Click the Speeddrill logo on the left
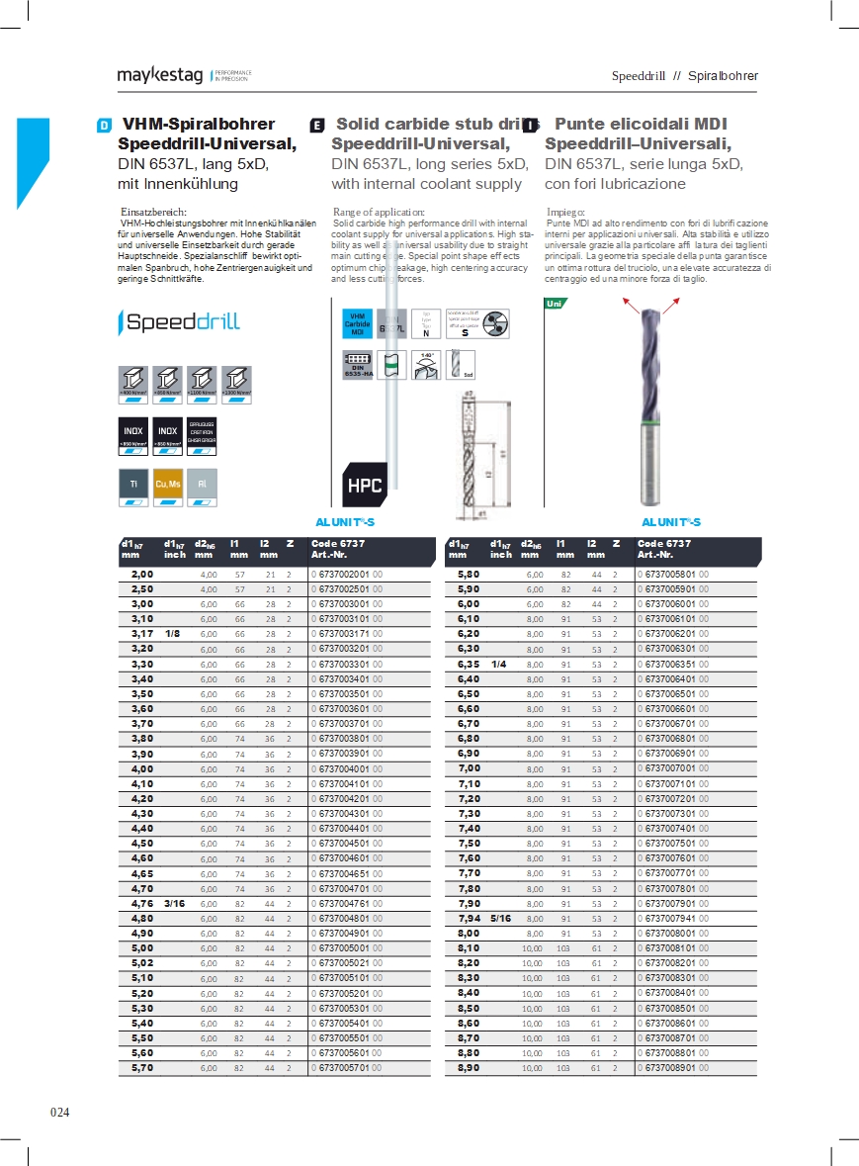pyautogui.click(x=179, y=321)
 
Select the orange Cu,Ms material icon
pyautogui.click(x=168, y=485)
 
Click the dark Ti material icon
pyautogui.click(x=133, y=485)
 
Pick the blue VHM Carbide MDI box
pyautogui.click(x=357, y=323)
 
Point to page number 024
pyautogui.click(x=60, y=1113)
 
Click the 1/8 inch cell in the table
pyautogui.click(x=172, y=633)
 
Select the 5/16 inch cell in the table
pyautogui.click(x=500, y=919)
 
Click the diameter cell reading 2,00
pyautogui.click(x=143, y=574)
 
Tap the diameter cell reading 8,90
pyautogui.click(x=469, y=1068)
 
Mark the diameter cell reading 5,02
pyautogui.click(x=143, y=962)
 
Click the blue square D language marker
pyautogui.click(x=104, y=126)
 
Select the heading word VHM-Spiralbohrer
pyautogui.click(x=199, y=125)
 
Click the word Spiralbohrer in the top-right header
pyautogui.click(x=723, y=76)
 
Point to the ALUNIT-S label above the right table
pyautogui.click(x=671, y=522)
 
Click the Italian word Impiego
pyautogui.click(x=565, y=212)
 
